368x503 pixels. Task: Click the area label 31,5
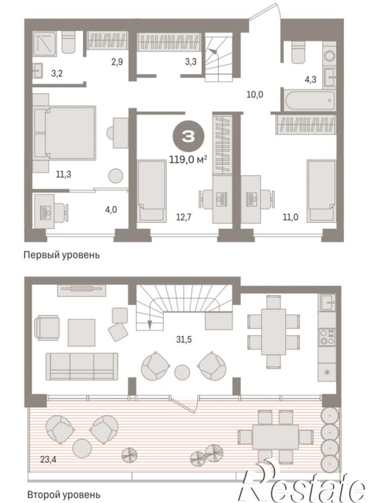click(184, 339)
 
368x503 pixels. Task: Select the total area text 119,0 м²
click(188, 159)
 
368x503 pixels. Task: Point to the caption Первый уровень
click(62, 255)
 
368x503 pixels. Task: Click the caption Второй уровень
click(64, 495)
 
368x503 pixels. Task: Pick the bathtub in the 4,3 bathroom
click(309, 100)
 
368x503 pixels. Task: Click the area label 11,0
click(290, 218)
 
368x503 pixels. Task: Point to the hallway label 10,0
click(255, 94)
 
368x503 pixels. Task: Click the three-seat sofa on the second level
click(82, 366)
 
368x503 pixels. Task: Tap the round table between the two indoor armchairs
click(182, 372)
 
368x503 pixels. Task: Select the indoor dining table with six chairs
click(273, 332)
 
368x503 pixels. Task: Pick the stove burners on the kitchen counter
click(327, 337)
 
